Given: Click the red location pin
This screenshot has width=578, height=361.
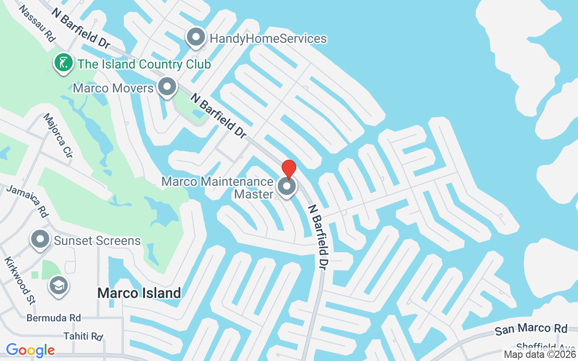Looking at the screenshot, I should point(289,169).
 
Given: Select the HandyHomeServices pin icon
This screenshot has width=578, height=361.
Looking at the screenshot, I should point(196,38).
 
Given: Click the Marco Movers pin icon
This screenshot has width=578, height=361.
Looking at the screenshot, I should point(167,86).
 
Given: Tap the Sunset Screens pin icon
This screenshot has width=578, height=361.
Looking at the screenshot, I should point(40,239).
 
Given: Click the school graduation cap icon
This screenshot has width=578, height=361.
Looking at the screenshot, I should point(59,285).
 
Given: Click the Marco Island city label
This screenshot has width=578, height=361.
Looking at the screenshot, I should point(139,293).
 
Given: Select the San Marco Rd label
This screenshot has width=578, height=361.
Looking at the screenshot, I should point(531,329).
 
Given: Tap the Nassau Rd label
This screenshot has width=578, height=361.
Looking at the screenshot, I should point(37,24).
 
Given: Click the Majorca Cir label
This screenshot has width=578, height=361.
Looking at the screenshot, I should point(57,135).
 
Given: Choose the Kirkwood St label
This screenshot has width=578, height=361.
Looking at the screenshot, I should point(19,280).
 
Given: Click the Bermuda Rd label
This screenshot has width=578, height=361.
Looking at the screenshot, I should point(54,318).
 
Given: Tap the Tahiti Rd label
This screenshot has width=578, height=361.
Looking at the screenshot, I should point(83,336).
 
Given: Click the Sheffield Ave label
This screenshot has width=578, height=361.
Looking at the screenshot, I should point(547,347).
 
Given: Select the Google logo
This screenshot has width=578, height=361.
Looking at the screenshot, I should point(30,350).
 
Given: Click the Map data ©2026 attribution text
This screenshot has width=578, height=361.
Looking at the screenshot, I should point(540,355).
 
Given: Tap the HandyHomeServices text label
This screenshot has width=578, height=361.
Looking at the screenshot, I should point(268,38).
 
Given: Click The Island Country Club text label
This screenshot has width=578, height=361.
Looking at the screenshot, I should point(144,64).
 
